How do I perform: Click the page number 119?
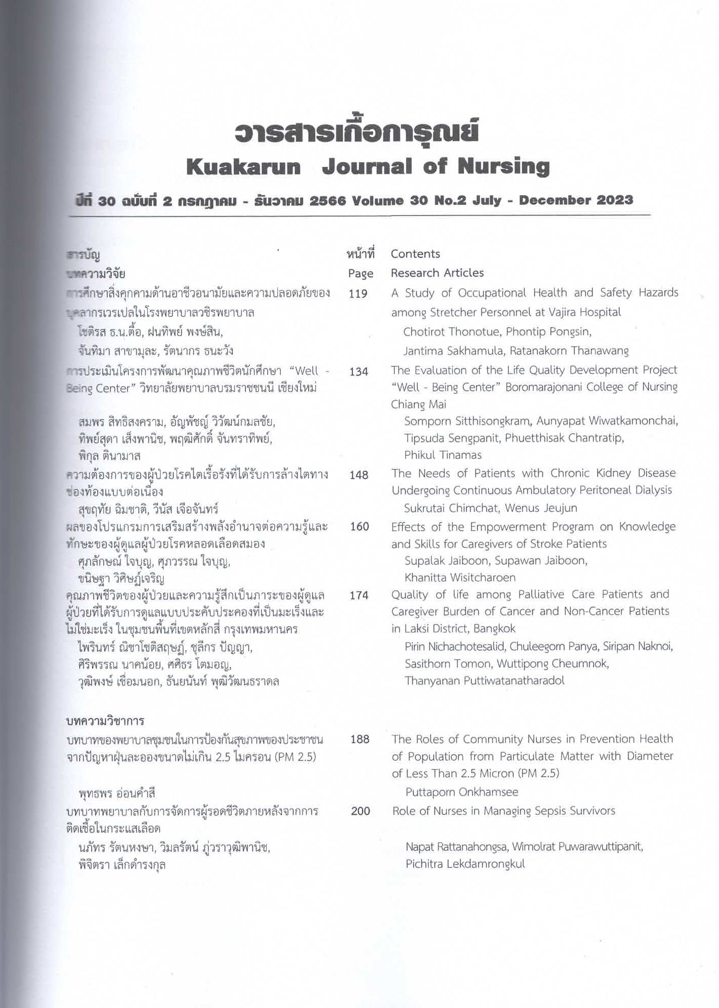(358, 294)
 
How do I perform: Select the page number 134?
(358, 372)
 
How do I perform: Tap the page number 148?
(359, 475)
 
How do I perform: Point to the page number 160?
(359, 527)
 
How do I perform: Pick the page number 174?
(359, 595)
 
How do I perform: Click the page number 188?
(360, 739)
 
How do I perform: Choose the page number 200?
(360, 811)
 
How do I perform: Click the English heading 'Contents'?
(415, 254)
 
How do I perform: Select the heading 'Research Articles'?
(437, 273)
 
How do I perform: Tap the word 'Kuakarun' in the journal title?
(243, 167)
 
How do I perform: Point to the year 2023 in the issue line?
(615, 200)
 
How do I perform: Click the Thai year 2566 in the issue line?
(327, 201)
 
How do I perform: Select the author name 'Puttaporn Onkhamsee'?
(462, 792)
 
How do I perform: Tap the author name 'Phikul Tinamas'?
(443, 455)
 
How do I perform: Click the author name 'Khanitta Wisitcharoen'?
(459, 577)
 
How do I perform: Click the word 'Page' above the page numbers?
(361, 274)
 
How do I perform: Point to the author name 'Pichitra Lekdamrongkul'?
(465, 864)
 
